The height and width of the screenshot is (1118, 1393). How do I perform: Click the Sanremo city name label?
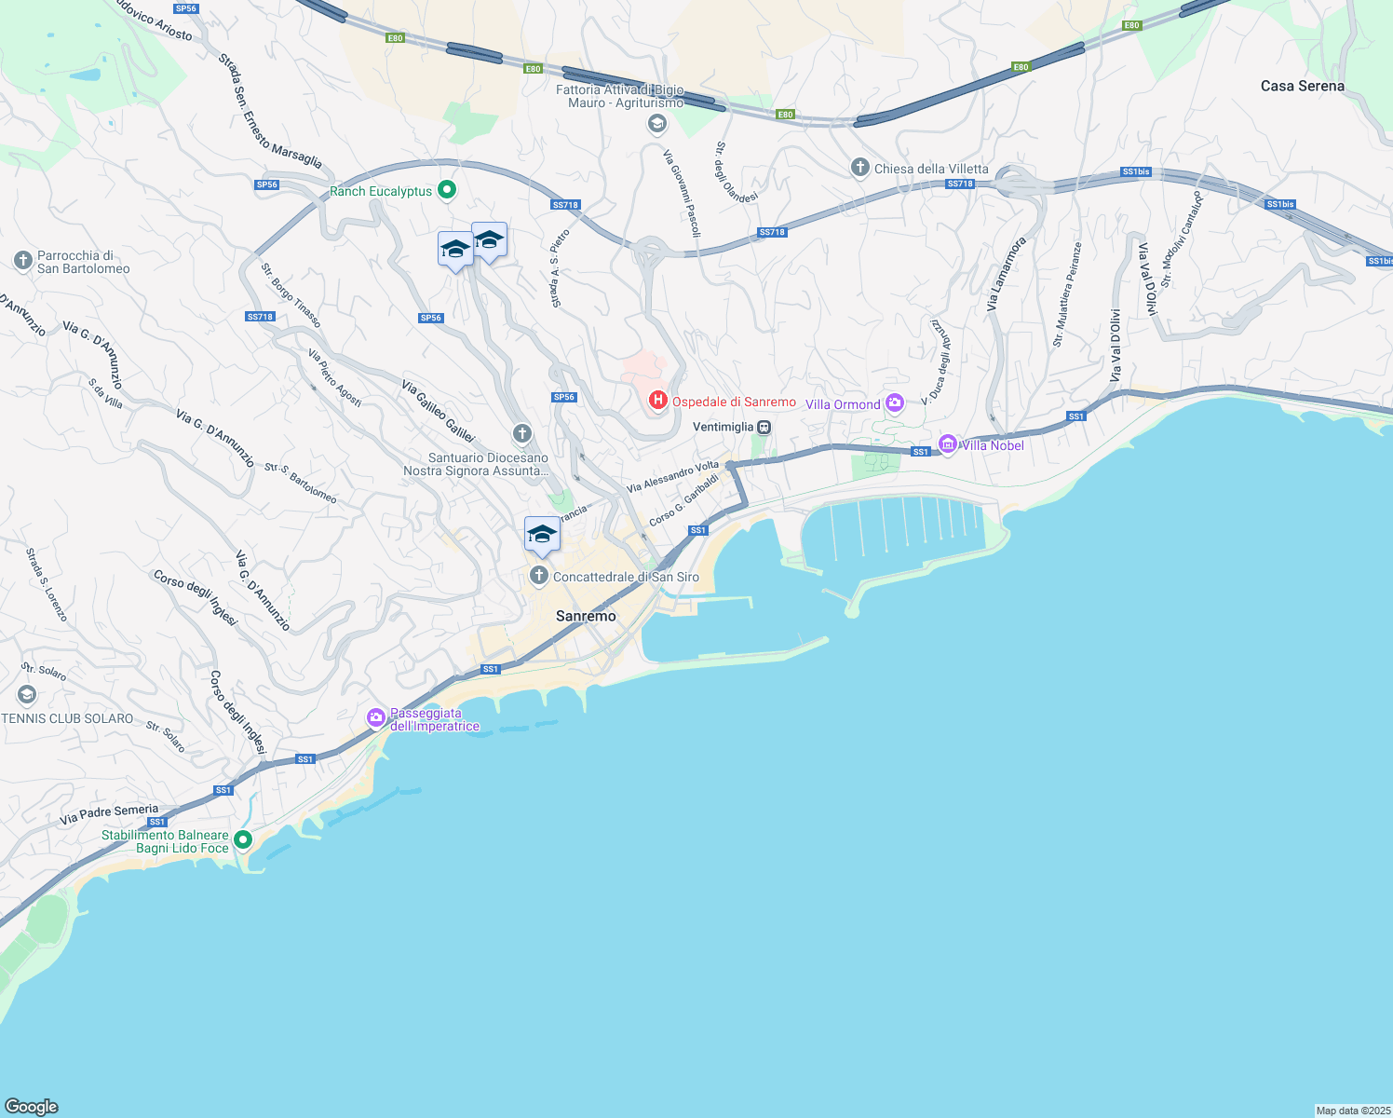pyautogui.click(x=586, y=616)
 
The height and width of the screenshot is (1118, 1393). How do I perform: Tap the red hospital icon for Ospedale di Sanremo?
pyautogui.click(x=658, y=401)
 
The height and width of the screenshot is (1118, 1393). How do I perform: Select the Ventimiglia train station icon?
pyautogui.click(x=764, y=427)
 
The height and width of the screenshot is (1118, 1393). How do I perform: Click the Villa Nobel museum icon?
pyautogui.click(x=948, y=444)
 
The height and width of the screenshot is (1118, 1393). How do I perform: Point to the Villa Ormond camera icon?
pyautogui.click(x=895, y=403)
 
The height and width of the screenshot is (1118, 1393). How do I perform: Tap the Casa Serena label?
pyautogui.click(x=1302, y=86)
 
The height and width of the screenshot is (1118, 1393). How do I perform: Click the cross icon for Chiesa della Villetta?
pyautogui.click(x=859, y=168)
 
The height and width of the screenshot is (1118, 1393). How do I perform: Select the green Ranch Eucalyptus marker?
pyautogui.click(x=447, y=190)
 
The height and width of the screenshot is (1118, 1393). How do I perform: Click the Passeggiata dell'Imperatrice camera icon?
pyautogui.click(x=375, y=717)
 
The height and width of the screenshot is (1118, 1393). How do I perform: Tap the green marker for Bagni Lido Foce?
pyautogui.click(x=243, y=840)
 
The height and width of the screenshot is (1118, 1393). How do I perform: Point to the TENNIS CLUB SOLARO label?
pyautogui.click(x=67, y=718)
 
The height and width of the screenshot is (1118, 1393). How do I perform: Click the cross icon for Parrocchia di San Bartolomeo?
pyautogui.click(x=23, y=261)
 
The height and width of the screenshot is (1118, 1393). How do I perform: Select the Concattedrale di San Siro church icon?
pyautogui.click(x=538, y=576)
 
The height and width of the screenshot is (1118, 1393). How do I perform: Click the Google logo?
pyautogui.click(x=32, y=1106)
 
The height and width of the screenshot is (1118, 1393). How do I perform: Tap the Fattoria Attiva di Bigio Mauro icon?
pyautogui.click(x=657, y=125)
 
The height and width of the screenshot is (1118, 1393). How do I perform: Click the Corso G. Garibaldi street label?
pyautogui.click(x=683, y=499)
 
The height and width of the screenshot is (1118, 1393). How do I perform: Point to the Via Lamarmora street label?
pyautogui.click(x=1006, y=274)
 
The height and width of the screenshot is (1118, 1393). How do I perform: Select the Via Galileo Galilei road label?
pyautogui.click(x=439, y=411)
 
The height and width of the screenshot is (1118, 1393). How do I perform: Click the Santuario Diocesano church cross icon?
pyautogui.click(x=522, y=433)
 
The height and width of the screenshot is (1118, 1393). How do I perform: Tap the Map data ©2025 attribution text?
pyautogui.click(x=1352, y=1111)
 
